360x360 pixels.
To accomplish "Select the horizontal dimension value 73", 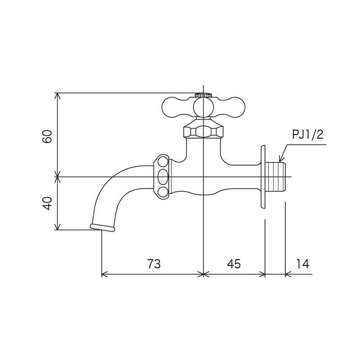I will click(153, 264).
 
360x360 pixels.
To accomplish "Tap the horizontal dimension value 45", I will click(234, 264).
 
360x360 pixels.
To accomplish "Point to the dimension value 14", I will click(303, 264).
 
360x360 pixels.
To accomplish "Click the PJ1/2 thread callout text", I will click(308, 135).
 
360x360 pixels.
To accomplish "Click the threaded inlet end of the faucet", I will click(276, 177).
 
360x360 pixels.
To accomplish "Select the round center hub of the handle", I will click(203, 107).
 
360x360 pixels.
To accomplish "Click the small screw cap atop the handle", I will click(203, 95).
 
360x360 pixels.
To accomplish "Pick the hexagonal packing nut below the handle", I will click(203, 131).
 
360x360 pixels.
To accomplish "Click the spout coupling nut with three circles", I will click(163, 177).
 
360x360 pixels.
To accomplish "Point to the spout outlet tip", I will click(103, 228).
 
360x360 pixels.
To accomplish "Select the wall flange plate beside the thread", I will click(263, 177).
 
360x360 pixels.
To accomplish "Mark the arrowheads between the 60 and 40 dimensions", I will click(57, 177).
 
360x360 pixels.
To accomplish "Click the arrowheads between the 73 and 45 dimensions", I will click(203, 274).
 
